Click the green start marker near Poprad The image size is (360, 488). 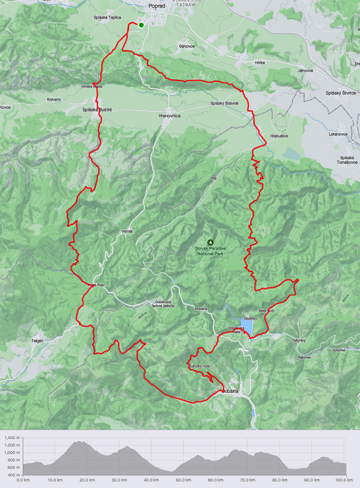point(141,25)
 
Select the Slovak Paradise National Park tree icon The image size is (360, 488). point(211,242)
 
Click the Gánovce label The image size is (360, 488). point(187,46)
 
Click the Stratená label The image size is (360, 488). point(200,308)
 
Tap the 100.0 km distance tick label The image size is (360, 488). point(345,480)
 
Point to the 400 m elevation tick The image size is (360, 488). point(12,474)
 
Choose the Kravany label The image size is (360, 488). point(54,99)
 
